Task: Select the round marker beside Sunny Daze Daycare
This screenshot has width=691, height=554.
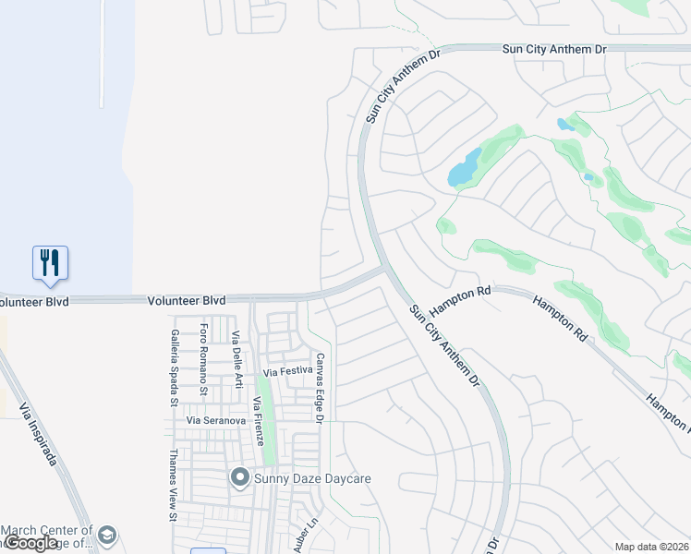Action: coord(240,477)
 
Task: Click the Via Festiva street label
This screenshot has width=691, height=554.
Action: coord(288,372)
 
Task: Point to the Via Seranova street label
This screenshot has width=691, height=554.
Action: coord(216,420)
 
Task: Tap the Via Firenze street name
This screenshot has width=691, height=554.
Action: coord(258,424)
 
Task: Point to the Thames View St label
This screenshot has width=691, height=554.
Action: coord(172,486)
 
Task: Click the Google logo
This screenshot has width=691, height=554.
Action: coord(32,543)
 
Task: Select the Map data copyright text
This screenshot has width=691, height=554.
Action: coord(651,547)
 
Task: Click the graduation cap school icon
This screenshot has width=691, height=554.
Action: coord(107,536)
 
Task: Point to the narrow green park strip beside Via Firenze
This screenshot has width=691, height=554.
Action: coord(268,425)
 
